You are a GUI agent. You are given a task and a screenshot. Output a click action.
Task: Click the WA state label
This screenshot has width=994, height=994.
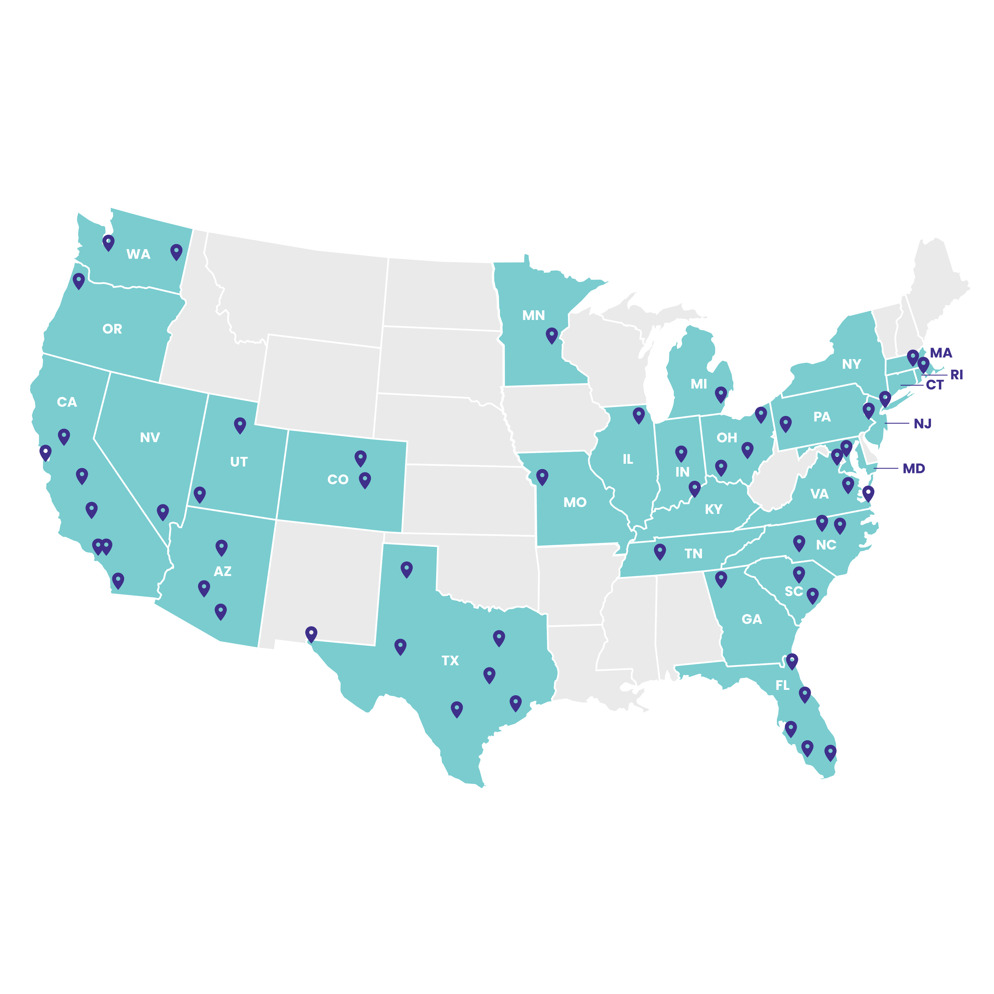coord(139,254)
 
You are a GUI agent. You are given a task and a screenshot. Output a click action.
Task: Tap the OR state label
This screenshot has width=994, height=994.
coord(112,329)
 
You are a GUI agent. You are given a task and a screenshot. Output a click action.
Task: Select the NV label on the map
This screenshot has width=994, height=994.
coord(150,437)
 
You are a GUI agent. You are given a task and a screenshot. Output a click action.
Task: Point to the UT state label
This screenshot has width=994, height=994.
coord(239,462)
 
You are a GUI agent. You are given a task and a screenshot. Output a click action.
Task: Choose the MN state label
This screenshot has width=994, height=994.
coord(534,315)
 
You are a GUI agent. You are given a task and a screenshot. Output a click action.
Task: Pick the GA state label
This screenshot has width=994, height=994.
coord(752,619)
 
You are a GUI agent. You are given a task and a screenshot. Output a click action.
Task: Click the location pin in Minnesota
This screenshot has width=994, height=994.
coord(552,335)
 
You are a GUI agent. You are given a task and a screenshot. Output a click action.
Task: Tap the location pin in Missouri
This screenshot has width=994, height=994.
coord(542,476)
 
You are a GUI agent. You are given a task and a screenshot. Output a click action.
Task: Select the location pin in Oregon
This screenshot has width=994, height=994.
coord(78,280)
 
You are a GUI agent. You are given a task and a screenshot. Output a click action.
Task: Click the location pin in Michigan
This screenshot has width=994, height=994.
coord(721,394)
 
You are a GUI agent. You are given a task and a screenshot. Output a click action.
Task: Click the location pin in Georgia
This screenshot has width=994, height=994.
coord(721,578)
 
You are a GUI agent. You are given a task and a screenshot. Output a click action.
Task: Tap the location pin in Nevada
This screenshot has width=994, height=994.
coord(162,511)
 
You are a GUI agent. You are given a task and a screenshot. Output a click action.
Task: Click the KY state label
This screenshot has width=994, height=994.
coord(713,509)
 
